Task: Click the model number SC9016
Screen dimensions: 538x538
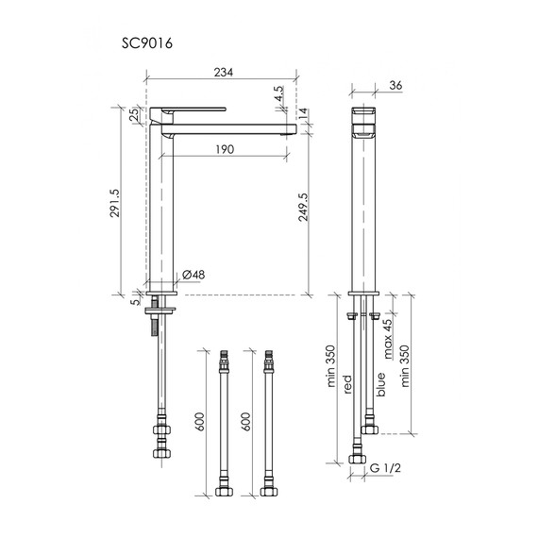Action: [147, 43]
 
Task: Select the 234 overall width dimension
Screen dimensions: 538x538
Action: [224, 73]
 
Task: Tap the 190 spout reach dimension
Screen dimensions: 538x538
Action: [225, 149]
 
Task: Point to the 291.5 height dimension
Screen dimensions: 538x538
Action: [114, 203]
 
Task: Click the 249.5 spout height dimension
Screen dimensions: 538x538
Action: [303, 207]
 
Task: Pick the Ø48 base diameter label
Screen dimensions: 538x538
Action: [193, 275]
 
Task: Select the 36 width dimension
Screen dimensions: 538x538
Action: [395, 86]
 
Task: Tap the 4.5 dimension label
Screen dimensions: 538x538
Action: [279, 93]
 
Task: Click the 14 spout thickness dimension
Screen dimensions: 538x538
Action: [303, 113]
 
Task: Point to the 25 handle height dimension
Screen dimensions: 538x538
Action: [135, 113]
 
